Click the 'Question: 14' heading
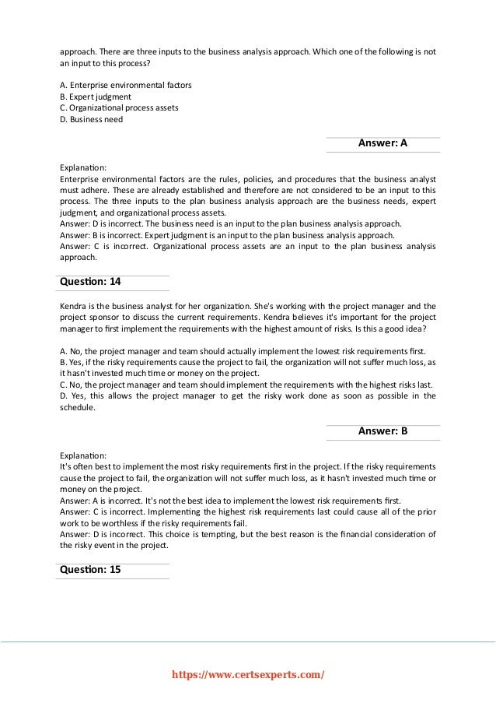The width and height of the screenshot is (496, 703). (x=91, y=281)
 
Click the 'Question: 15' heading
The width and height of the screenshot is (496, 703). (x=91, y=569)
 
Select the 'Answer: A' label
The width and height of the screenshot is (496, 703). (x=382, y=143)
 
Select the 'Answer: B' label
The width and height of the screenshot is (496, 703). (x=382, y=431)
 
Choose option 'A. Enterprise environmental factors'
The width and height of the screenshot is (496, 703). (x=126, y=84)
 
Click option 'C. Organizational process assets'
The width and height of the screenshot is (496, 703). (x=119, y=107)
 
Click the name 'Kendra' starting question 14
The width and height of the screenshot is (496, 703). (x=74, y=305)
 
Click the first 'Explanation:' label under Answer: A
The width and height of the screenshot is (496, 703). (x=83, y=167)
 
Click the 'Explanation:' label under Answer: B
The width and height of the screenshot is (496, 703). (x=83, y=454)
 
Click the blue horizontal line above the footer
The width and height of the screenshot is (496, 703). (x=247, y=641)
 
